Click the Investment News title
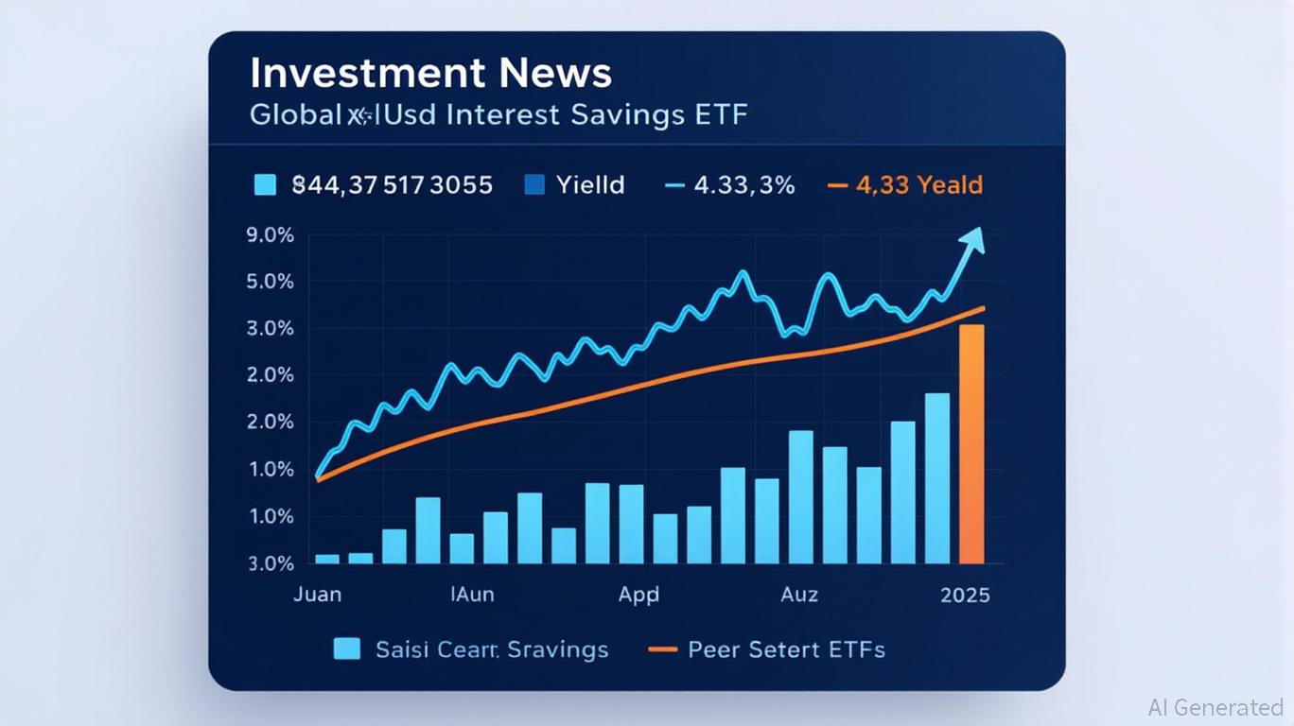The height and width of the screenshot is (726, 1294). click(430, 74)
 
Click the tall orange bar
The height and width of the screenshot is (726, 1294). click(971, 444)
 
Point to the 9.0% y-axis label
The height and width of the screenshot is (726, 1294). click(270, 234)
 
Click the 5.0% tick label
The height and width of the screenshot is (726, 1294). click(270, 282)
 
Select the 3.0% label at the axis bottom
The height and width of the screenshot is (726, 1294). click(270, 563)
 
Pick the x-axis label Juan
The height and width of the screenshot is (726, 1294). click(317, 595)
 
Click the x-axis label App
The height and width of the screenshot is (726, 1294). click(638, 595)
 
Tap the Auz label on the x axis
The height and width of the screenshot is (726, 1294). click(799, 595)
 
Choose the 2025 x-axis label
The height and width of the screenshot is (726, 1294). click(965, 595)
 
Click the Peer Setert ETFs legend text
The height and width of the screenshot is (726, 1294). click(786, 649)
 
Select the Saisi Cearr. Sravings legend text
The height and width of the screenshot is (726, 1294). click(492, 649)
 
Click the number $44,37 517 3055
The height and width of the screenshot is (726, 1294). click(392, 184)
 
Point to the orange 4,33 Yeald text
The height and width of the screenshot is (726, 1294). click(918, 184)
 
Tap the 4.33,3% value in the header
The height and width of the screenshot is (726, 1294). click(743, 184)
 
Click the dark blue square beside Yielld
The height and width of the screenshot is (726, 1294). click(534, 184)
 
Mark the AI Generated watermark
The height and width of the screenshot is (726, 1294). click(1215, 707)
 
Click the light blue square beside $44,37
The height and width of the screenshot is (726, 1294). click(266, 184)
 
